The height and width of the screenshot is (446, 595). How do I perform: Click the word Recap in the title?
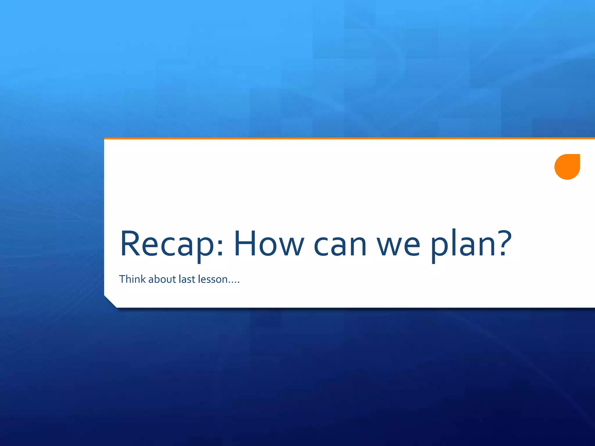pos(167,244)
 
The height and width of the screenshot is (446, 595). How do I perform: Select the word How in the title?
pos(269,244)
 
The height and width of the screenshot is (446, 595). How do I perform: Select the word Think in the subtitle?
pos(132,279)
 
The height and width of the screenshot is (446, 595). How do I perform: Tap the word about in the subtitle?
pos(162,279)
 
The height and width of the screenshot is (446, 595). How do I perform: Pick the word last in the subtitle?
pos(187,279)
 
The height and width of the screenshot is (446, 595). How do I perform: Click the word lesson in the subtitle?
pos(213,279)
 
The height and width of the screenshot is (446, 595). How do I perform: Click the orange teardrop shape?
pos(567,167)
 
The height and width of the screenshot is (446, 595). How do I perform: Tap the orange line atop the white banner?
pos(349,139)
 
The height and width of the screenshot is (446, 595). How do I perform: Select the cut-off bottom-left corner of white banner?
pos(110,302)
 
